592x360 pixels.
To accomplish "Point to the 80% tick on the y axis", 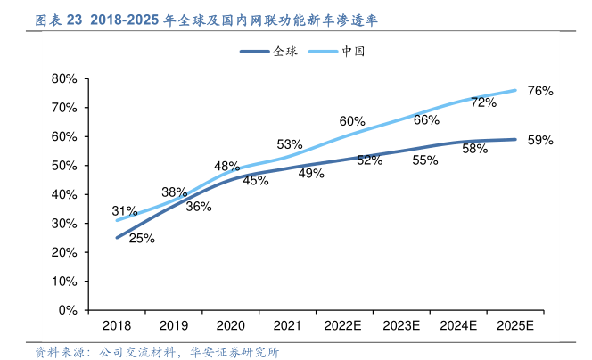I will (x=65, y=78).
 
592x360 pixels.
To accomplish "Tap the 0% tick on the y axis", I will (x=69, y=310).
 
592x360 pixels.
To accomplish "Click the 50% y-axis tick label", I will (x=65, y=166).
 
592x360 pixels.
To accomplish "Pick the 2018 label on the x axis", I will (x=117, y=327).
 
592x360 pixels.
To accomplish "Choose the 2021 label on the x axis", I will (x=287, y=327).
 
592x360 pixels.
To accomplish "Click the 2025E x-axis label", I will (x=514, y=327).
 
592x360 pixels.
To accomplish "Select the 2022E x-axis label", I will (x=344, y=327).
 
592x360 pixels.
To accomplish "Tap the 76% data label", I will (x=540, y=91).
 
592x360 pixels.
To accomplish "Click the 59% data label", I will (x=540, y=140).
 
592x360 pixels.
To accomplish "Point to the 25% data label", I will (x=142, y=238).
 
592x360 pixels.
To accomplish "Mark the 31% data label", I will (x=125, y=211).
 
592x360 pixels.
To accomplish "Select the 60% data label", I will (x=352, y=121).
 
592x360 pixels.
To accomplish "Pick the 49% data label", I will (x=311, y=174).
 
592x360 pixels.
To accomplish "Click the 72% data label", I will (x=483, y=102).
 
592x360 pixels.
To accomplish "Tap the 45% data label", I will (x=256, y=180).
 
